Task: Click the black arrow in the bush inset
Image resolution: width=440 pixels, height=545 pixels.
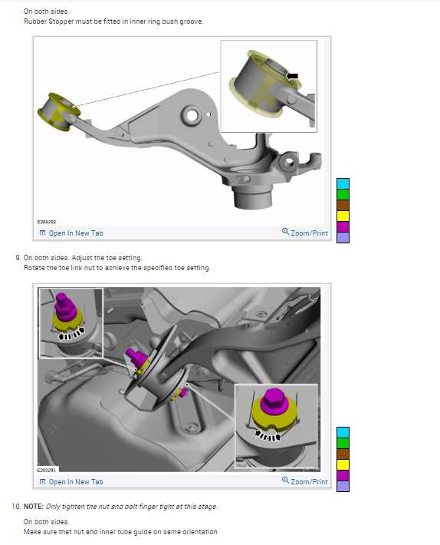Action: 293,76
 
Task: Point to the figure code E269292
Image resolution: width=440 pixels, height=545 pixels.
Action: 47,222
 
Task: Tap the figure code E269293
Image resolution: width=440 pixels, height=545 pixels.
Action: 47,471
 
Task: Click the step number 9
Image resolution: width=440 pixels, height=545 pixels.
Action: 18,258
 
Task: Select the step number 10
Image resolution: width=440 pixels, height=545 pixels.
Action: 16,506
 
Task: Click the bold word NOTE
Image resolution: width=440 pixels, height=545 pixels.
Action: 33,507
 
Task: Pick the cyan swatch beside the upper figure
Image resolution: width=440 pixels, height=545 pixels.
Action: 343,184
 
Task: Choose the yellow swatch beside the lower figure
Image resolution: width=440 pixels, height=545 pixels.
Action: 343,464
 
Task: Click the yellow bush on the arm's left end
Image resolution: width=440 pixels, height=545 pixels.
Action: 58,112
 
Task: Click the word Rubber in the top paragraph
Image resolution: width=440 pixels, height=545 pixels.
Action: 35,21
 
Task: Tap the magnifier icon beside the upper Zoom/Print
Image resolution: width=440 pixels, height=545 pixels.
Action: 285,232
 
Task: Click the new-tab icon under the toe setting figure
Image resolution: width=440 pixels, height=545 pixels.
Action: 43,482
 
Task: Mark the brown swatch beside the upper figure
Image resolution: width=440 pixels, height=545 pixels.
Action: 343,205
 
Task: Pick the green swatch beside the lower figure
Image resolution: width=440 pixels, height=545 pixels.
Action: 343,443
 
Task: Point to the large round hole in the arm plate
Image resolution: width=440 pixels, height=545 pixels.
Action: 191,115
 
